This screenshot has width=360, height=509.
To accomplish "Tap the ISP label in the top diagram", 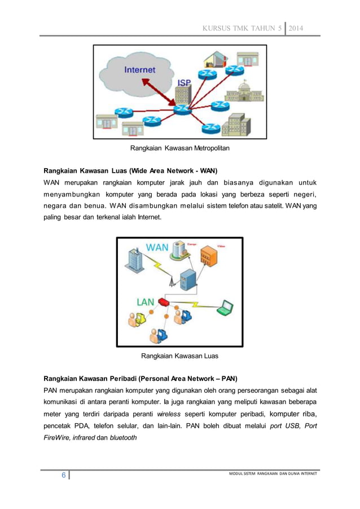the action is coord(185,82).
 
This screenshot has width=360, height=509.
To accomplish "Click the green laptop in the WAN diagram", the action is coord(226,307).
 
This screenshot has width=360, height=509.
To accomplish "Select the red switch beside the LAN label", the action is coord(164,302).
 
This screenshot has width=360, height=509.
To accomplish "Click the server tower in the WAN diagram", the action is coord(187,280).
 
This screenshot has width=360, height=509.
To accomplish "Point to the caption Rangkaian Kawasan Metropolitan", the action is coord(180,148).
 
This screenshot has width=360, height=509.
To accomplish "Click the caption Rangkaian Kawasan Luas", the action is coord(179,356).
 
